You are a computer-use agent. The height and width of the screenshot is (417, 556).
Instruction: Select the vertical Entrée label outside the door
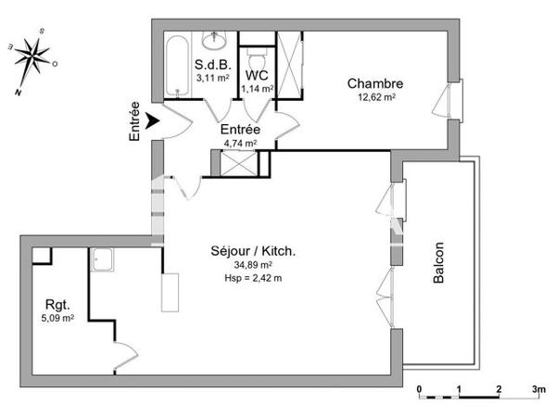pos(135,120)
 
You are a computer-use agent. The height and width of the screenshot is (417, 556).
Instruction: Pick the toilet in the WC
pos(258,46)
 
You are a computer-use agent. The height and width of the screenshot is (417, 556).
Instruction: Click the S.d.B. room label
pos(211,65)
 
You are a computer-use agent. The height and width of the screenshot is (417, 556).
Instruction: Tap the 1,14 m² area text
pos(258,89)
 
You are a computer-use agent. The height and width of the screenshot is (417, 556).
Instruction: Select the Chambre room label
pos(371,84)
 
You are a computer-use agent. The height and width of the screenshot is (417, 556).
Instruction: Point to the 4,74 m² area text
pos(239,144)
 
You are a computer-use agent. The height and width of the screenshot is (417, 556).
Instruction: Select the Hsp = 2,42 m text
pos(253,278)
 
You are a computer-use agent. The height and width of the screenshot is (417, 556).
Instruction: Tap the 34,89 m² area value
pos(253,265)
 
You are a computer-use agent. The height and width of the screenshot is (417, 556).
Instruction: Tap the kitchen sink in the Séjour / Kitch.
pos(101,260)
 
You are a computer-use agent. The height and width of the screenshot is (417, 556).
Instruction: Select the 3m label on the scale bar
pos(537,388)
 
